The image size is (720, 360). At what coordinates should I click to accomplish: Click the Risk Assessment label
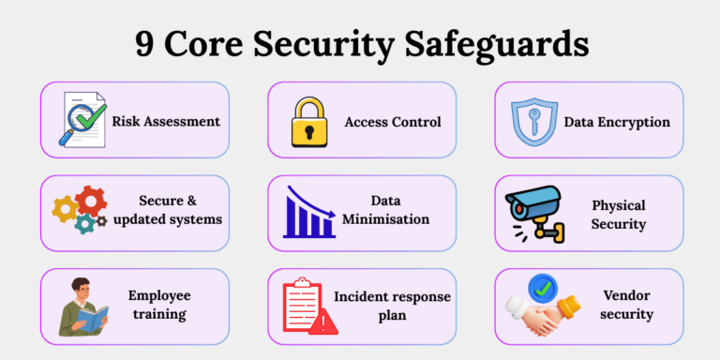166,121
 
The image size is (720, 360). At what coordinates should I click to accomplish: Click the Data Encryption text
616,122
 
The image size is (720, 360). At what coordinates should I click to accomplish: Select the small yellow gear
64,210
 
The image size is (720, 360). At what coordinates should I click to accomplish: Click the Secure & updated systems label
180,210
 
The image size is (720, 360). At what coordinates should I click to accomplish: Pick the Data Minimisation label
386,210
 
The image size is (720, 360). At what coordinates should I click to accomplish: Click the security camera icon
532,208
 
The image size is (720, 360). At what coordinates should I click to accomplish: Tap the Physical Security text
618,214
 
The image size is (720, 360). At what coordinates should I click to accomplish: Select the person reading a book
82,306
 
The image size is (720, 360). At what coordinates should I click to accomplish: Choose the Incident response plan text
393,307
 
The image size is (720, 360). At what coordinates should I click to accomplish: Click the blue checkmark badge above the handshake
541,285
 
